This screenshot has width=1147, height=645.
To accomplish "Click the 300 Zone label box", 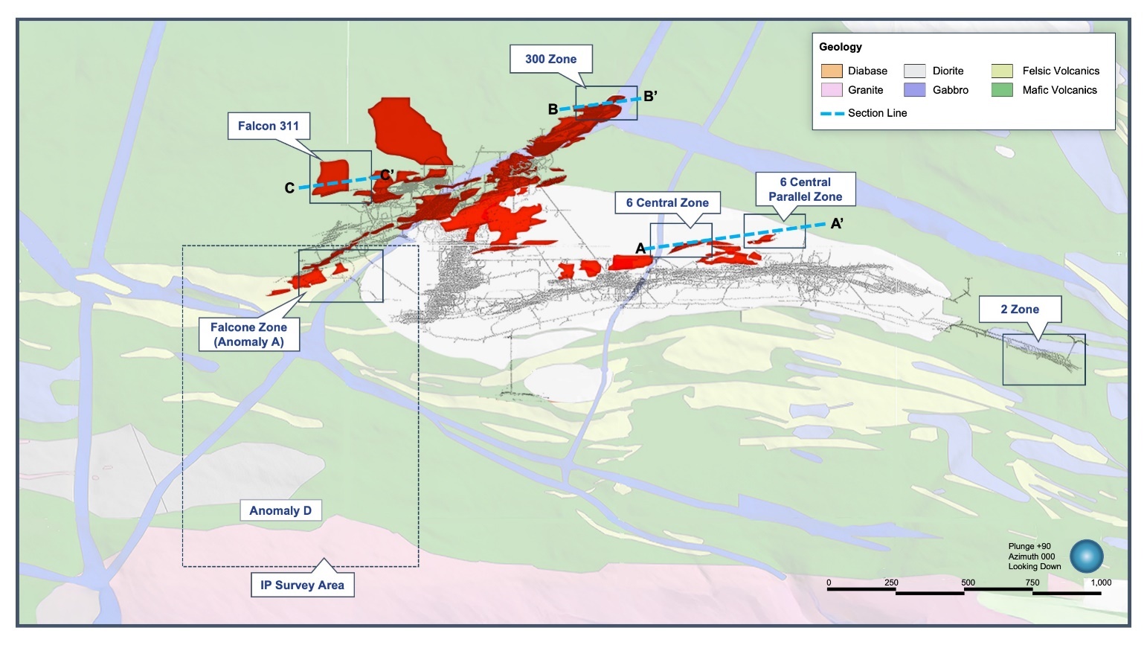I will click(x=550, y=59).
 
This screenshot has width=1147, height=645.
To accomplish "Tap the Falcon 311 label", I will click(x=268, y=126).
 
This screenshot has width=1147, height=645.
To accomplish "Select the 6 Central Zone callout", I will click(x=667, y=202).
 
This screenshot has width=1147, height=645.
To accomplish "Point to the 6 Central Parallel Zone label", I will click(x=805, y=189).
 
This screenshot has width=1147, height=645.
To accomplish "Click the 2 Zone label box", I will click(x=1019, y=309).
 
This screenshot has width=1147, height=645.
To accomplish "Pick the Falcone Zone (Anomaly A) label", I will click(x=248, y=334).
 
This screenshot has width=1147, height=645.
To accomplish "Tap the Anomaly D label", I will click(x=280, y=510).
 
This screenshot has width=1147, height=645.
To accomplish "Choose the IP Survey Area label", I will click(x=302, y=585).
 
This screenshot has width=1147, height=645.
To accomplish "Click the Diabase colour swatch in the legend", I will click(x=832, y=71).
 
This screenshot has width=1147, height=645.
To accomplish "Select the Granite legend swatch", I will click(x=832, y=90).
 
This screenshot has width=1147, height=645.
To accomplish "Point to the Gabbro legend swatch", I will click(x=914, y=90).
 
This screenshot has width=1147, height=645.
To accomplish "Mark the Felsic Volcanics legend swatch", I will click(x=1002, y=71).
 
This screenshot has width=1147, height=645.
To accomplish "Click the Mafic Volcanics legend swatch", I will click(x=1002, y=90).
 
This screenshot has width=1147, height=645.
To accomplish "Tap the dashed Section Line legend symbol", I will click(x=832, y=113).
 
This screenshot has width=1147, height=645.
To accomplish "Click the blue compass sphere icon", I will click(x=1086, y=556).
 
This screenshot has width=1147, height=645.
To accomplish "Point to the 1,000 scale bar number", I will click(x=1100, y=583).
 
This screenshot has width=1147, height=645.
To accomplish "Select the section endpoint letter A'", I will click(x=837, y=223).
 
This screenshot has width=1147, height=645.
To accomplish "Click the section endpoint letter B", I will click(x=553, y=109).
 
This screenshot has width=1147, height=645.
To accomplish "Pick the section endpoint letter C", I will click(x=289, y=188).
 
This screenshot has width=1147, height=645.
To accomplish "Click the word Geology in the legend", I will click(x=841, y=47).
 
